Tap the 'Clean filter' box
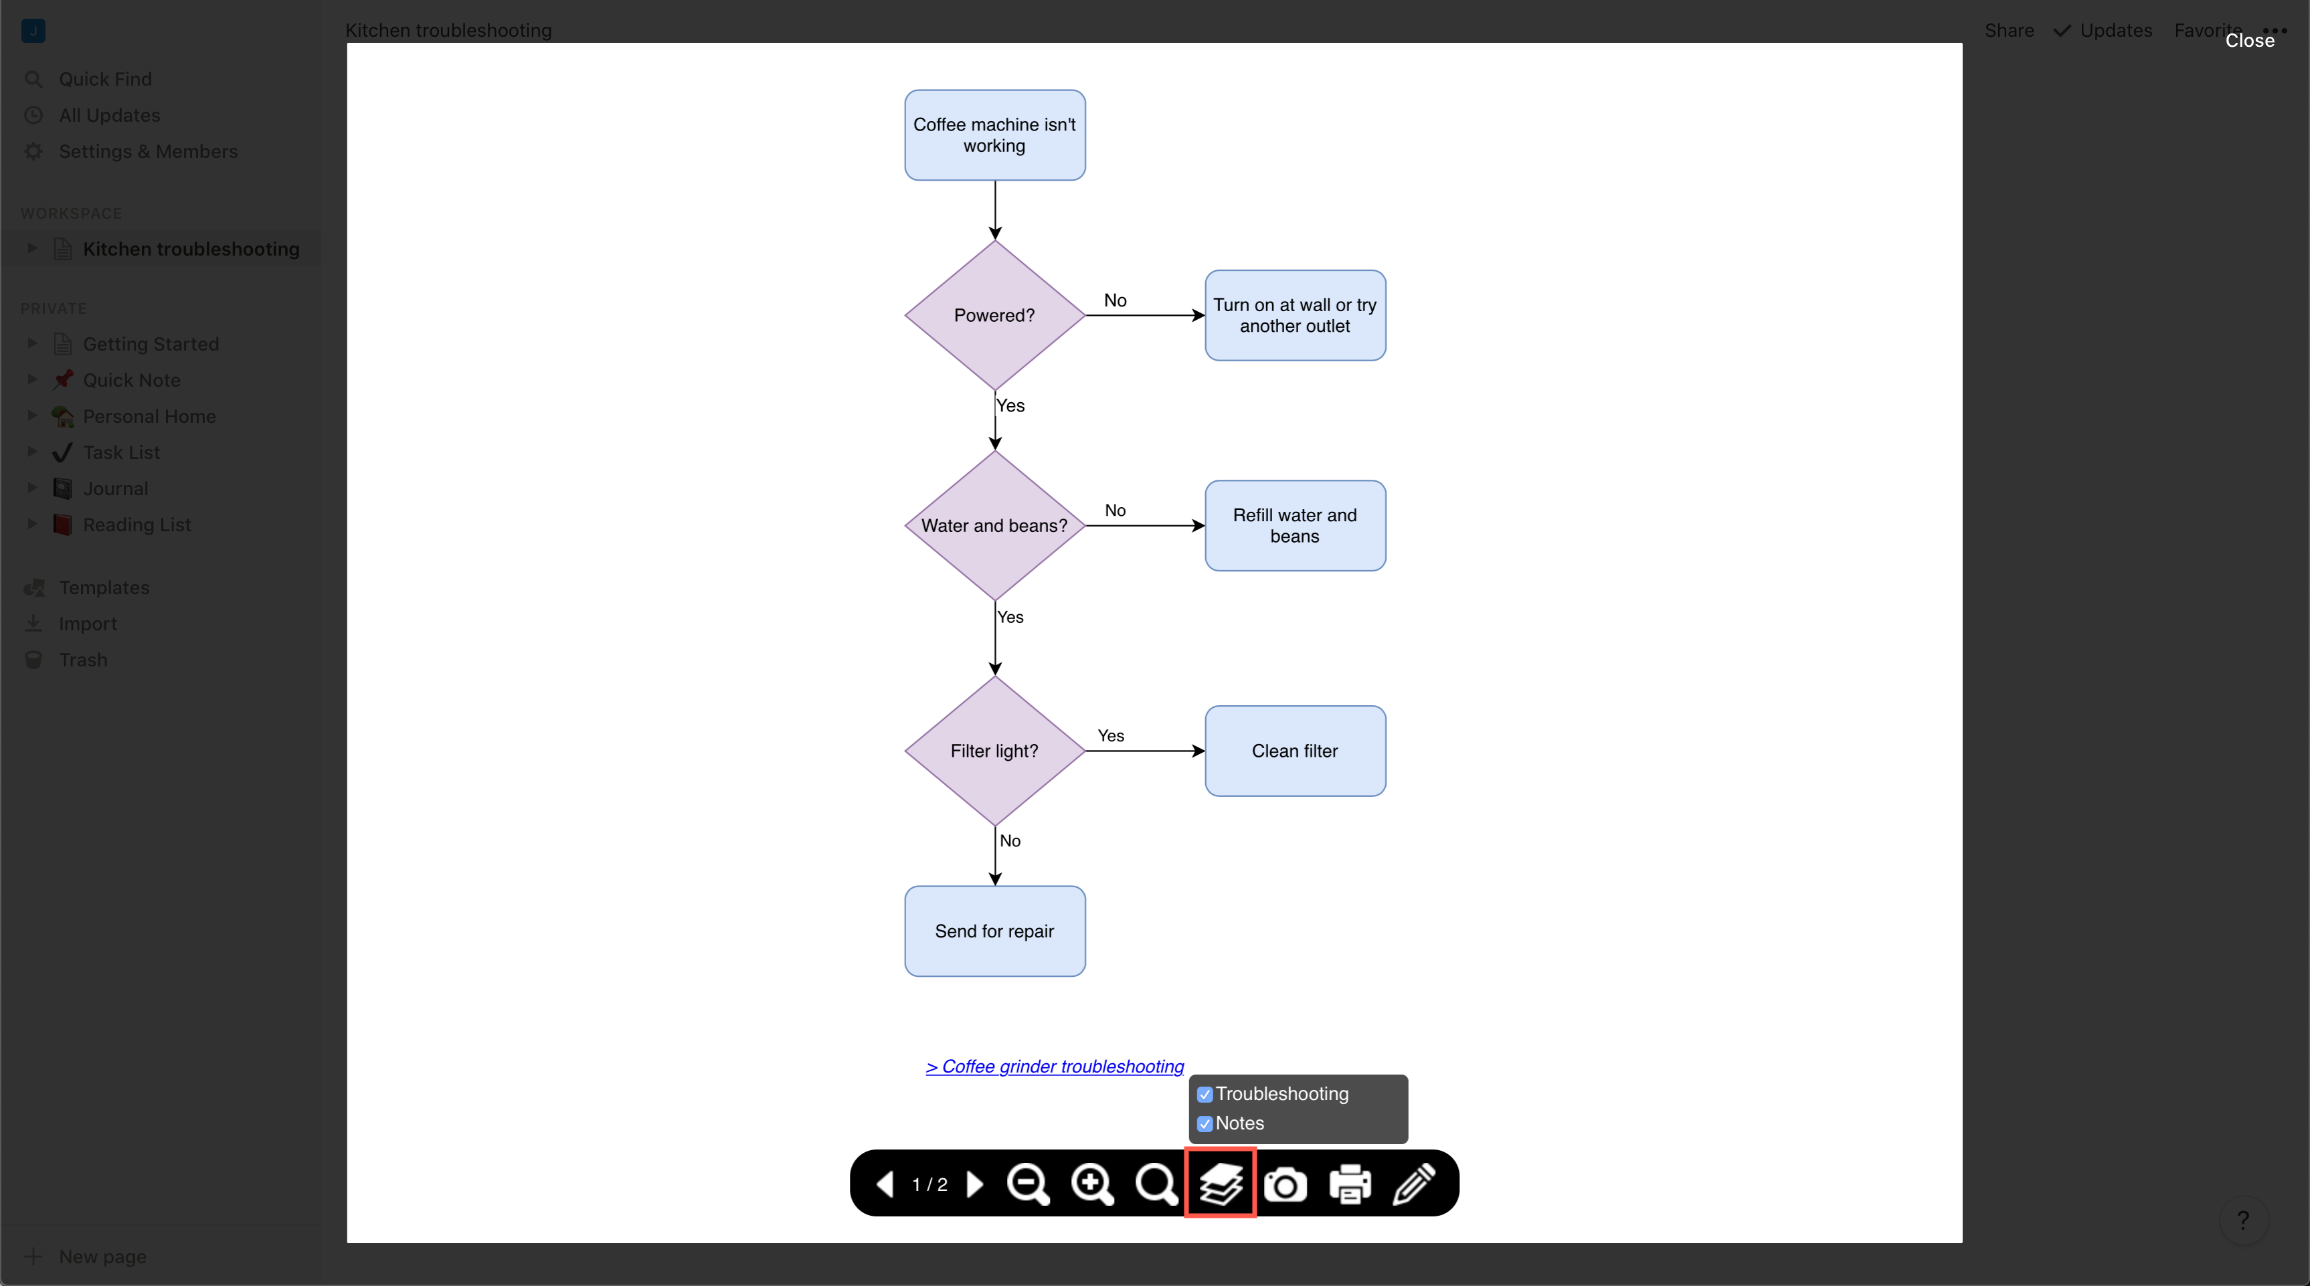click(x=1295, y=751)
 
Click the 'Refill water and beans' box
click(x=1295, y=525)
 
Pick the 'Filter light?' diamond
click(x=994, y=751)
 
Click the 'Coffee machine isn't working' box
click(x=994, y=134)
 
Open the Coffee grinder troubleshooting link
click(x=1055, y=1067)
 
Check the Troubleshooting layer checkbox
click(x=1205, y=1094)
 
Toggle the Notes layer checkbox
click(x=1205, y=1123)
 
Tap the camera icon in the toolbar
click(x=1285, y=1185)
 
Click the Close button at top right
click(x=2249, y=40)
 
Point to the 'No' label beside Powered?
click(x=1115, y=300)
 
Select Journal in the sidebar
click(x=116, y=488)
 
